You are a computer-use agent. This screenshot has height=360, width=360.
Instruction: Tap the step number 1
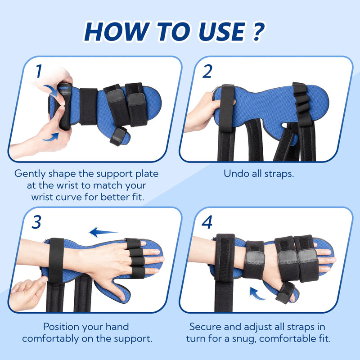[39, 71]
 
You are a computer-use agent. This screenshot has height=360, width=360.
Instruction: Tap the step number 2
[207, 71]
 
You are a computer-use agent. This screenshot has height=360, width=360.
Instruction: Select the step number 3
[37, 222]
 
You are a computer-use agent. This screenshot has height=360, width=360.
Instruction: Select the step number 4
[207, 222]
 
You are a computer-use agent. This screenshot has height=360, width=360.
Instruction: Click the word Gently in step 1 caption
[30, 173]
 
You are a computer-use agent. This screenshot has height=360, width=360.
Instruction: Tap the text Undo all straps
[259, 173]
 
